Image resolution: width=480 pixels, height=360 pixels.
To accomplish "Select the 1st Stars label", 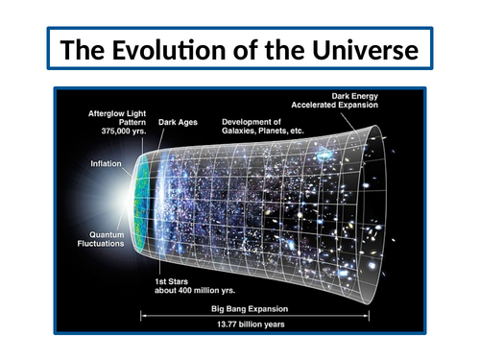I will (175, 279).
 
